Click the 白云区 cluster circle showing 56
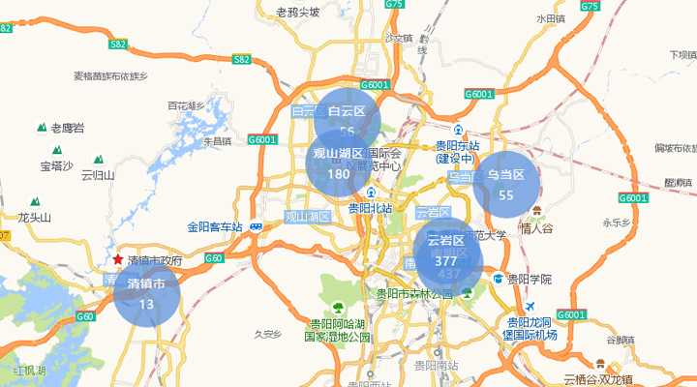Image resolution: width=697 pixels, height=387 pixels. click(348, 120)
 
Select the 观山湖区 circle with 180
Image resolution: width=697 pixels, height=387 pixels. click(338, 164)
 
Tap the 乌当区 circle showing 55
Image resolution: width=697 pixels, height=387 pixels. click(505, 184)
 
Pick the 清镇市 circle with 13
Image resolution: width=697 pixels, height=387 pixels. click(147, 293)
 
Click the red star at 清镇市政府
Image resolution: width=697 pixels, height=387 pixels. click(118, 260)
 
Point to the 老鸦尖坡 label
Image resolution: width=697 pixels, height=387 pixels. click(297, 13)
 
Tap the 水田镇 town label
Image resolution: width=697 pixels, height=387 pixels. click(550, 18)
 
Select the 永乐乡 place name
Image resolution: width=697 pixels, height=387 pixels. click(617, 222)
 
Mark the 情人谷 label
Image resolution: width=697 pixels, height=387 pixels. click(535, 228)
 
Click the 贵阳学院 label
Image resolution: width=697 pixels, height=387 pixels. click(529, 279)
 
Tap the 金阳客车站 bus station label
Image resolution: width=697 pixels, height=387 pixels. click(218, 227)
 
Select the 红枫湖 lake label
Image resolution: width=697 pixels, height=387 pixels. click(29, 371)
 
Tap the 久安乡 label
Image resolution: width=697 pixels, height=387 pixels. click(266, 334)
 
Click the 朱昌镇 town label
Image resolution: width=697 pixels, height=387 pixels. click(216, 141)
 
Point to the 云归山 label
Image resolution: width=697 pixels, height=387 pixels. click(98, 175)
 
